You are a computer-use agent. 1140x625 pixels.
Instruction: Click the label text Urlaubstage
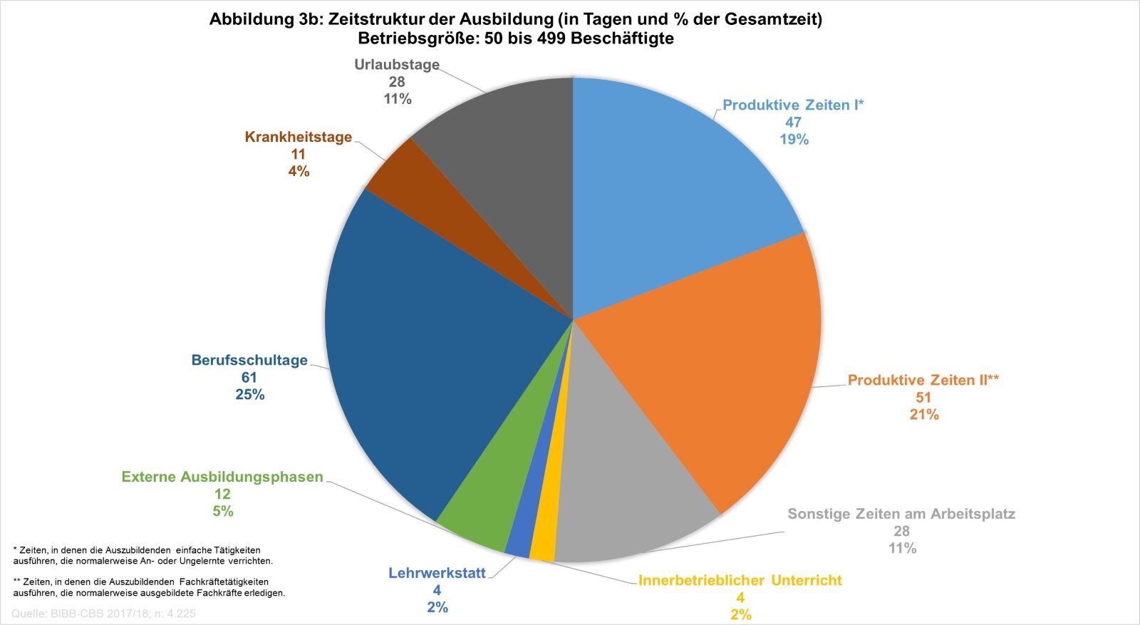click(x=397, y=65)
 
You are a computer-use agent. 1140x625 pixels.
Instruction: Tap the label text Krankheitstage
click(x=298, y=137)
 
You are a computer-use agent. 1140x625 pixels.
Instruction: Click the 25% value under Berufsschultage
click(x=249, y=395)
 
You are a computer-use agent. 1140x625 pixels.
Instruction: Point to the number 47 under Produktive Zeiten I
click(x=793, y=123)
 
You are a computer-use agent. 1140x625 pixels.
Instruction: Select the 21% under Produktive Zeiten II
click(x=923, y=414)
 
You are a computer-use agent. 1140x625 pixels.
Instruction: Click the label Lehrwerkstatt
click(x=437, y=573)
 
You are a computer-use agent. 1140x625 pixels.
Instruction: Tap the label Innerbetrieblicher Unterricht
click(x=740, y=580)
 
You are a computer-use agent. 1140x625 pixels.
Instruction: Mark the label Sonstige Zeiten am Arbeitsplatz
click(x=901, y=514)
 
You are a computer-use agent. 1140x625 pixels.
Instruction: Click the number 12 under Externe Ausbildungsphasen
click(x=222, y=494)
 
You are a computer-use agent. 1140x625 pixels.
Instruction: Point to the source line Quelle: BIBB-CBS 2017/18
click(x=104, y=614)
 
